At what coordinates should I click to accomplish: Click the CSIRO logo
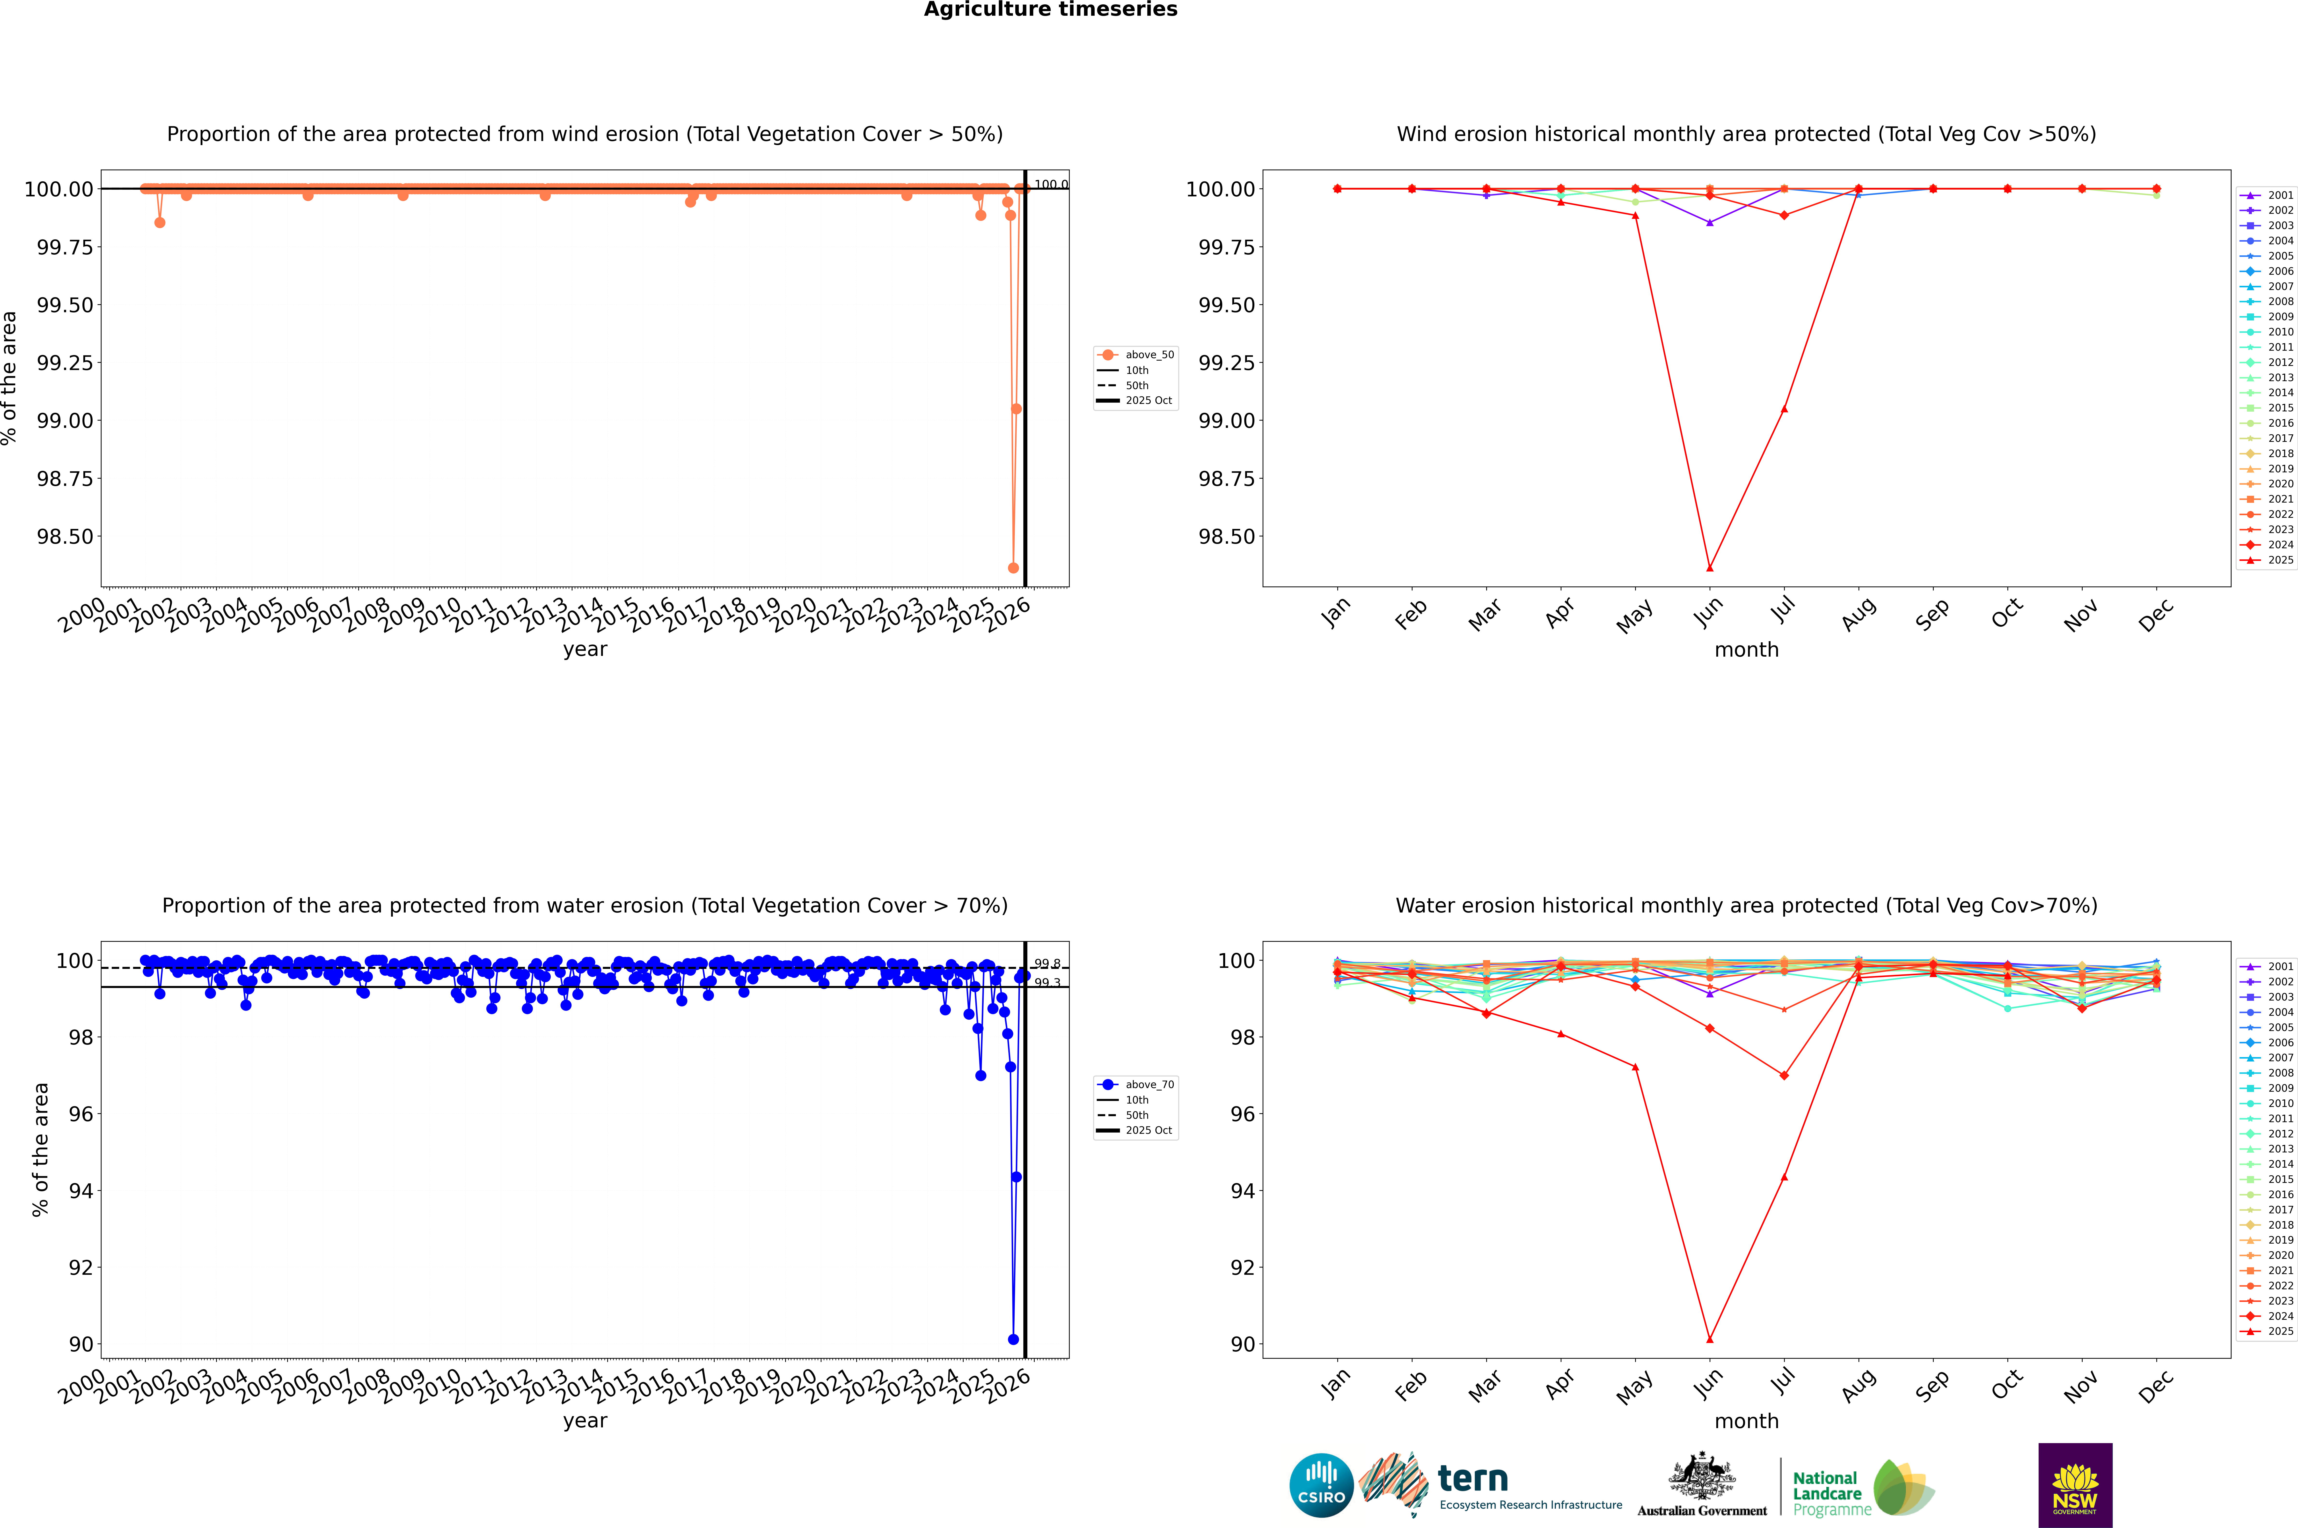[x=1321, y=1485]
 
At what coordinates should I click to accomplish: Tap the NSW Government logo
[x=2075, y=1485]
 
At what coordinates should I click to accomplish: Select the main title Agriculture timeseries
[x=1050, y=10]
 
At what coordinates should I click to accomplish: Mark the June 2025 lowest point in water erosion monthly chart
[x=1710, y=1339]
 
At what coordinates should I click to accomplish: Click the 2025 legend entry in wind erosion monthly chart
[x=2279, y=560]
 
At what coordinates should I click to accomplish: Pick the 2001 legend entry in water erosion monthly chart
[x=2279, y=967]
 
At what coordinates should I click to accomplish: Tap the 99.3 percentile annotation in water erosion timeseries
[x=1047, y=983]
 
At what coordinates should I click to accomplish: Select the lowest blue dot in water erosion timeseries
[x=1013, y=1339]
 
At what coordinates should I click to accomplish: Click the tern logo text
[x=1473, y=1479]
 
